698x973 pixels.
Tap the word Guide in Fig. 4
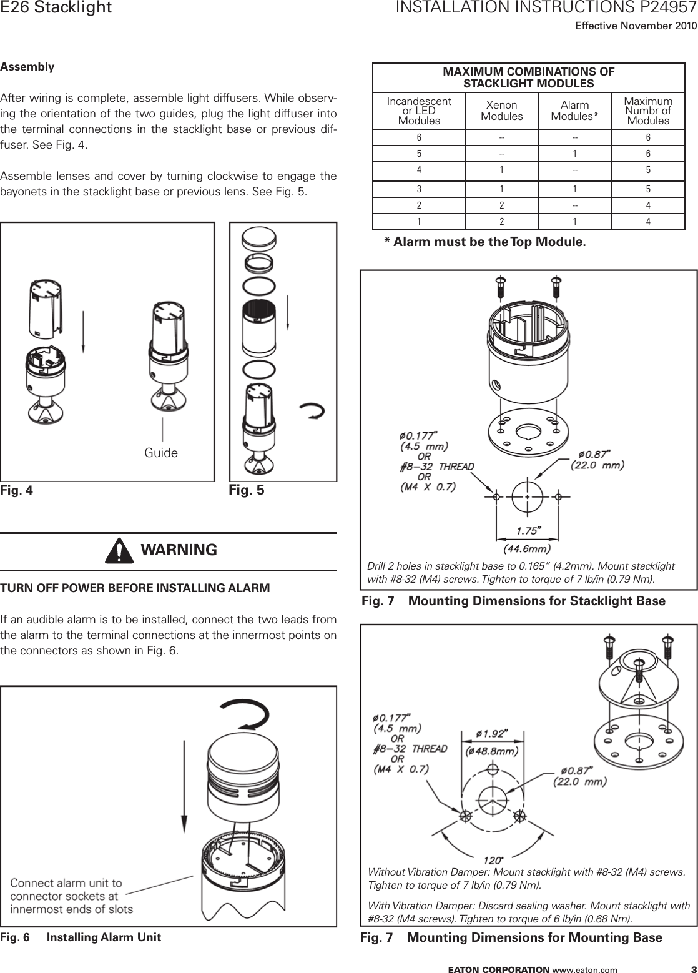click(161, 453)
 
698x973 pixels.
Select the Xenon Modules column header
click(502, 111)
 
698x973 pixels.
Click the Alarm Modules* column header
click(575, 111)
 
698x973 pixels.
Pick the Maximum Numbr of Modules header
click(648, 111)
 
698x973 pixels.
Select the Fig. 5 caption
click(247, 490)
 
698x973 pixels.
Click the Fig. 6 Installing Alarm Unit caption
click(81, 937)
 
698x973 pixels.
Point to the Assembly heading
click(27, 67)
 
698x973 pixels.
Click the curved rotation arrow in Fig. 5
click(312, 410)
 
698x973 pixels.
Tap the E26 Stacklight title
click(56, 8)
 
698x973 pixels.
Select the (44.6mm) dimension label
click(528, 549)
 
